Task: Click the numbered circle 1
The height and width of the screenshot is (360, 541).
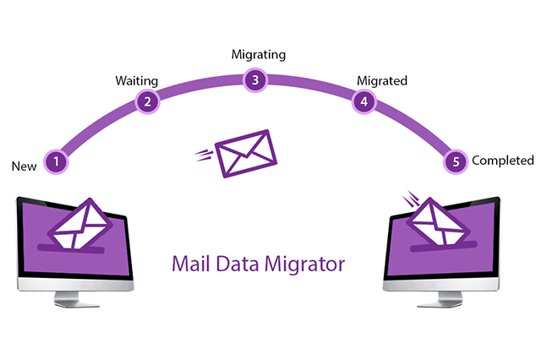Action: click(56, 161)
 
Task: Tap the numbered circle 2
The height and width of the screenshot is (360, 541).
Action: click(147, 101)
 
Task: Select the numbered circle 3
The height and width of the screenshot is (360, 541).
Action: click(255, 80)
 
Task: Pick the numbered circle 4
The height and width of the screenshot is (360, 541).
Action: click(364, 101)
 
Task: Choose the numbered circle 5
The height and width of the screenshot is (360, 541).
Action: click(456, 161)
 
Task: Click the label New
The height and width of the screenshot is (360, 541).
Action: click(24, 166)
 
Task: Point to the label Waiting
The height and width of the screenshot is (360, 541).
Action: click(137, 81)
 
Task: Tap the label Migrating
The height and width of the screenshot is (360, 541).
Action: click(259, 54)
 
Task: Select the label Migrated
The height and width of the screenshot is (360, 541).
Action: click(382, 81)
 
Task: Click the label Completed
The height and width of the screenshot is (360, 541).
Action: click(503, 161)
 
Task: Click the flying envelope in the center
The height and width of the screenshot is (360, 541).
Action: click(246, 154)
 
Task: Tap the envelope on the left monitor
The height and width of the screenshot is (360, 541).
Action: click(80, 223)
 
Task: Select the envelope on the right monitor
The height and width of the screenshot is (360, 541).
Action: click(438, 221)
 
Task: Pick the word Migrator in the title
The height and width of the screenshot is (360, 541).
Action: click(305, 265)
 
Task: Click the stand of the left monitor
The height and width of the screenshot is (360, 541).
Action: click(76, 298)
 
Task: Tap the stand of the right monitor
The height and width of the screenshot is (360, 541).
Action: click(440, 299)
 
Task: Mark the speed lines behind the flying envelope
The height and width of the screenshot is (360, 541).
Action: click(204, 155)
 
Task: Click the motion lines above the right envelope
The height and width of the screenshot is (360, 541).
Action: click(412, 199)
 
